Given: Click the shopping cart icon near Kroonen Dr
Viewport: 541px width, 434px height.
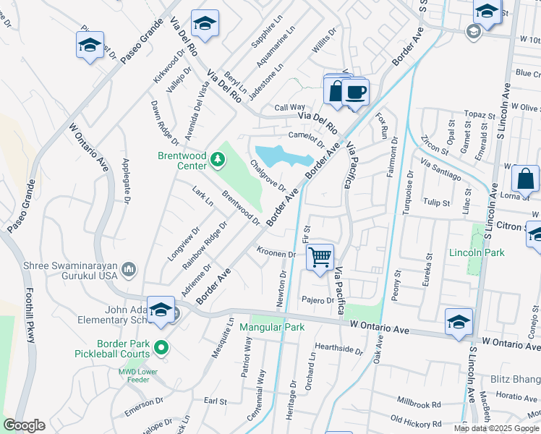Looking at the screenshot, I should (x=320, y=256).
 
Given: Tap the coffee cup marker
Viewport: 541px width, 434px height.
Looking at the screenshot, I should (x=355, y=92).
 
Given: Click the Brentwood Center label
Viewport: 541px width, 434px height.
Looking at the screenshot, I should (x=182, y=160).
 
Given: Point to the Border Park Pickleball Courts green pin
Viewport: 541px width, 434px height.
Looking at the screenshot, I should (x=161, y=348).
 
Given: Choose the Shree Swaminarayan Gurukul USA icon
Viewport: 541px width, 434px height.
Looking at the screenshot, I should (x=129, y=270).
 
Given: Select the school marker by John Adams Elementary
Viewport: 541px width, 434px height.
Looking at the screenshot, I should (x=161, y=310).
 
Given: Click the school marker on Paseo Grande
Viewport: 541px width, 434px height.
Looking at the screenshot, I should (x=90, y=45).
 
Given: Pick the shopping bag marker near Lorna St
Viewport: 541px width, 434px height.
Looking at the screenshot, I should (x=525, y=179).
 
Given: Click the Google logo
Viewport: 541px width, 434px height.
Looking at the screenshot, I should (x=24, y=425).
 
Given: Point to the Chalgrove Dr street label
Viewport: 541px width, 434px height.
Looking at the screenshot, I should (x=268, y=174).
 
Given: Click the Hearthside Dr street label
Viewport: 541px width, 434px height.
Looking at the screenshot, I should (x=338, y=349).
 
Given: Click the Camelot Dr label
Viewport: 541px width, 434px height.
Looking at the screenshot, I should (x=304, y=135).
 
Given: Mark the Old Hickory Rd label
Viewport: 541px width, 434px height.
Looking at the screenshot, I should (x=415, y=420).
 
